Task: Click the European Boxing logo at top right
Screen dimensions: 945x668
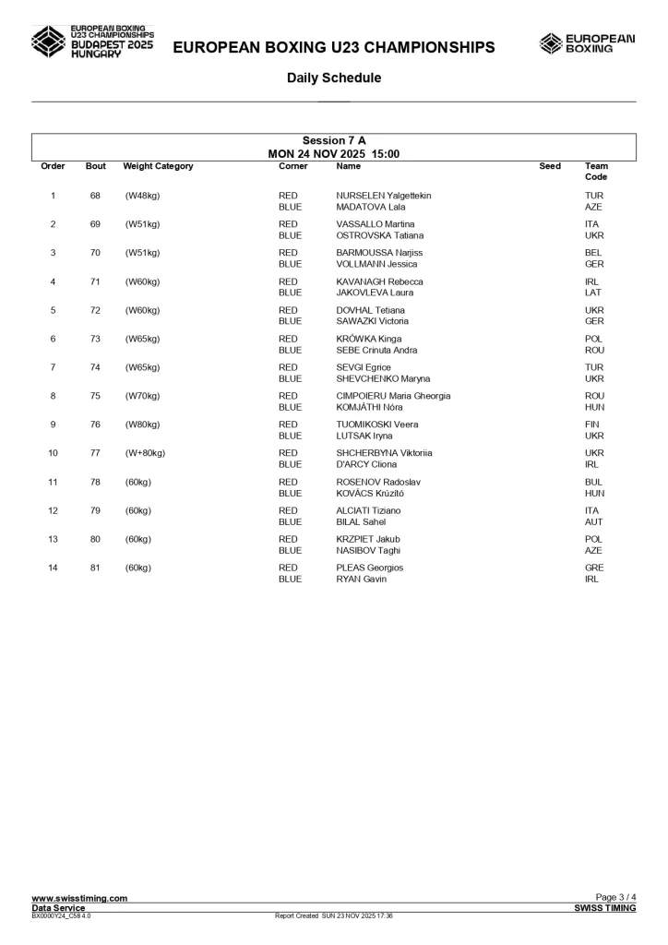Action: tap(587, 43)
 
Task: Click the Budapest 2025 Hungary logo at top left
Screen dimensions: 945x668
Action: tap(92, 42)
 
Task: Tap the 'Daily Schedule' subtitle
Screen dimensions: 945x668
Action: tap(334, 78)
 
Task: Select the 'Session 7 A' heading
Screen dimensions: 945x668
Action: tap(334, 141)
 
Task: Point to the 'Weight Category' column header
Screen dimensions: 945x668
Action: tap(158, 166)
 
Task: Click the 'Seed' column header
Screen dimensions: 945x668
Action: tap(550, 166)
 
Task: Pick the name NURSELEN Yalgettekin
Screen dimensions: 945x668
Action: tap(383, 196)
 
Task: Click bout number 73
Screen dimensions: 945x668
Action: tap(95, 339)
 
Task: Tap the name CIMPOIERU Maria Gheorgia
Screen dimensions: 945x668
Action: tap(393, 396)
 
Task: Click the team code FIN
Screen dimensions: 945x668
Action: tap(593, 425)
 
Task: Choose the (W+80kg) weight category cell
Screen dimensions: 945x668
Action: tap(146, 453)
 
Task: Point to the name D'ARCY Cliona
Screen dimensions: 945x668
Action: tap(367, 464)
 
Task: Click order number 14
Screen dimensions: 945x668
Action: tap(53, 568)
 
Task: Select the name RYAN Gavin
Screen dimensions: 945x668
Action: tap(361, 579)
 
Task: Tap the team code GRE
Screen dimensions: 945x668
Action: tap(594, 568)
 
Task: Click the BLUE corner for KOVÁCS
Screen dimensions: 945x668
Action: tap(290, 493)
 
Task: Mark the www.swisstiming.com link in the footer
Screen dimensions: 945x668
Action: tap(79, 898)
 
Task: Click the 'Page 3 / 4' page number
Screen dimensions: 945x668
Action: tap(615, 898)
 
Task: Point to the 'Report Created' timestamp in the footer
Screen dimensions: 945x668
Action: tap(334, 915)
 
